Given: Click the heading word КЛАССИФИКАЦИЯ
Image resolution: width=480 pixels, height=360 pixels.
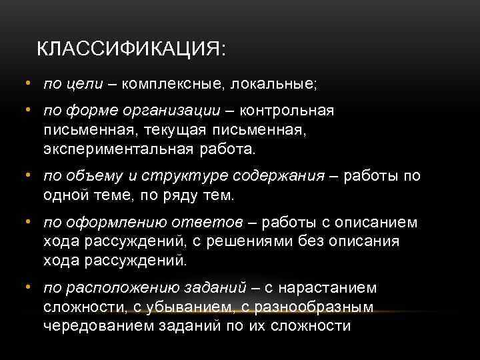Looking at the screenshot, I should coord(131,49).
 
